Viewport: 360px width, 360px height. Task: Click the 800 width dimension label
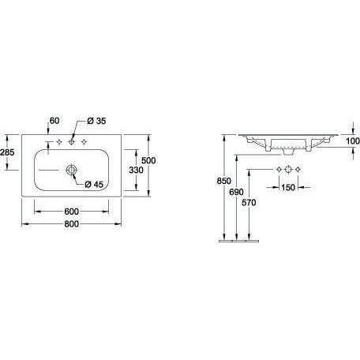pyautogui.click(x=72, y=224)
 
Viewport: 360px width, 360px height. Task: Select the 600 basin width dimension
pyautogui.click(x=72, y=212)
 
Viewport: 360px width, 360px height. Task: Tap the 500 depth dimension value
pyautogui.click(x=148, y=160)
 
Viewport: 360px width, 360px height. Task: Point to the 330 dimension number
pyautogui.click(x=136, y=170)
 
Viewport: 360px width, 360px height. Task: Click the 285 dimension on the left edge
pyautogui.click(x=7, y=152)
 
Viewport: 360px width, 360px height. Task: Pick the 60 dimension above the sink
pyautogui.click(x=54, y=121)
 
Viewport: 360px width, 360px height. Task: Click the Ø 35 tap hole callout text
pyautogui.click(x=96, y=121)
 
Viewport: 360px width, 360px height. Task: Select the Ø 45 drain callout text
pyautogui.click(x=94, y=185)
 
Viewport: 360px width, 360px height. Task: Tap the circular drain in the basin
pyautogui.click(x=71, y=170)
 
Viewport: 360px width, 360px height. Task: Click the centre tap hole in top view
pyautogui.click(x=71, y=142)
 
